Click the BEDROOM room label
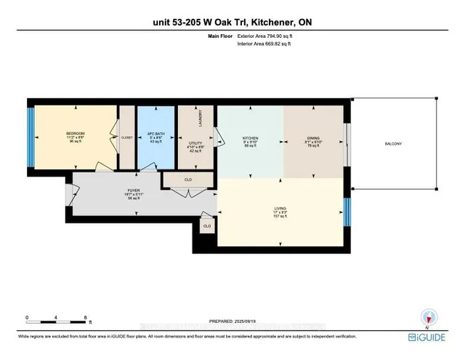tap(76, 133)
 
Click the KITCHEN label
tap(250, 136)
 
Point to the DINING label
tap(312, 136)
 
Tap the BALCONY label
tap(393, 143)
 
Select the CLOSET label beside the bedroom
tap(127, 137)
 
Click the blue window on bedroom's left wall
tap(31, 136)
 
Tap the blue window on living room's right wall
tap(346, 211)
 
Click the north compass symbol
tap(429, 317)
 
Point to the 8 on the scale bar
tap(86, 318)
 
